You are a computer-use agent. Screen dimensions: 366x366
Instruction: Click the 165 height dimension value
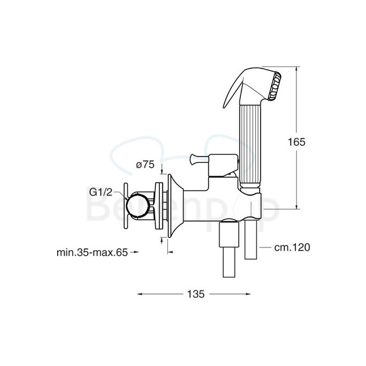point(297,142)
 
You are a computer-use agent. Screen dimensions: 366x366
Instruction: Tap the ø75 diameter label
point(145,166)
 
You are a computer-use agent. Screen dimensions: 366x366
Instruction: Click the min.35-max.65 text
point(92,253)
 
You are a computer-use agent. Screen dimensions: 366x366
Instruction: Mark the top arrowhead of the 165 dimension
point(297,69)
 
